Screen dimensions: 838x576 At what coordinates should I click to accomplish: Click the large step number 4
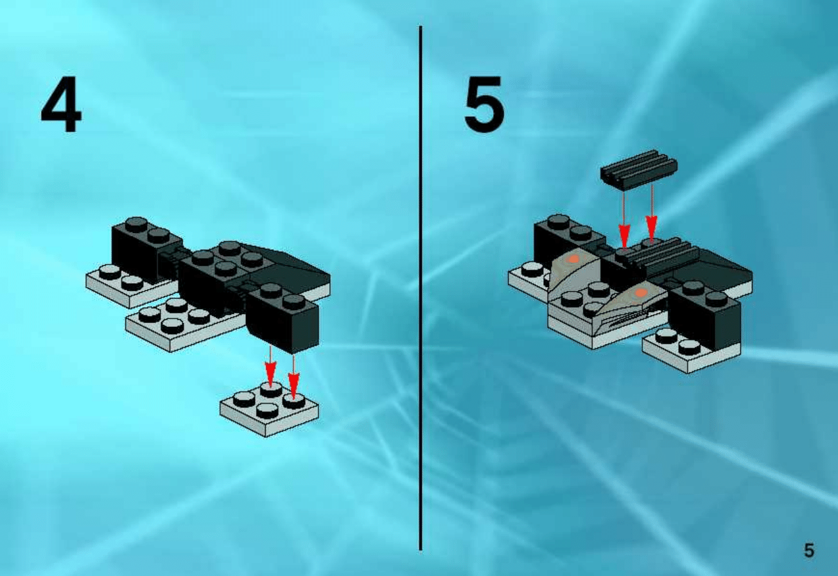point(61,104)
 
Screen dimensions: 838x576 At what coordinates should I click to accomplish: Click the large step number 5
point(484,104)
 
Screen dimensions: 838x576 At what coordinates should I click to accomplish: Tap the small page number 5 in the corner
point(809,550)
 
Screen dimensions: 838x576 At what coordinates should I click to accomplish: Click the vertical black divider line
point(421,288)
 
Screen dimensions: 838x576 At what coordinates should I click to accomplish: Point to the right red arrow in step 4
point(293,376)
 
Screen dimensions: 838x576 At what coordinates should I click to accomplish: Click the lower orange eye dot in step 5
point(642,292)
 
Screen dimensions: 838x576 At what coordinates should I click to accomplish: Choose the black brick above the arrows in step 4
point(283,318)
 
